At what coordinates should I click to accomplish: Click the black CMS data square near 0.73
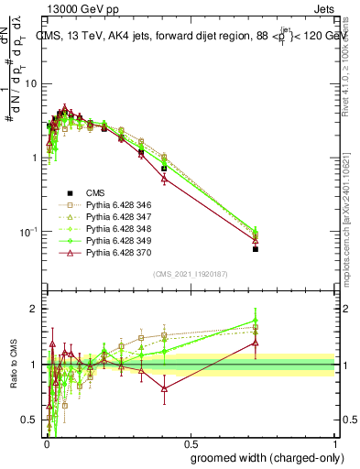256,248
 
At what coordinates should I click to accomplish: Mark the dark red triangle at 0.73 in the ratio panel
256,343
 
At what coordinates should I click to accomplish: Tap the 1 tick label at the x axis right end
337,442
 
